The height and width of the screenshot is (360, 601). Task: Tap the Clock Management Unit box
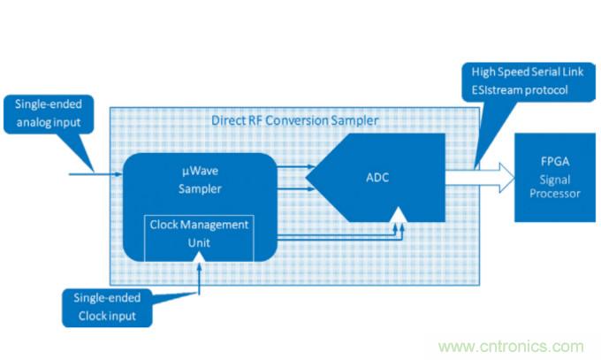(x=199, y=235)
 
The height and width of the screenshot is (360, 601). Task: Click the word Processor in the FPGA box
(x=552, y=192)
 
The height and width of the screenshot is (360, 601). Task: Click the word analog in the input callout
(x=33, y=122)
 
